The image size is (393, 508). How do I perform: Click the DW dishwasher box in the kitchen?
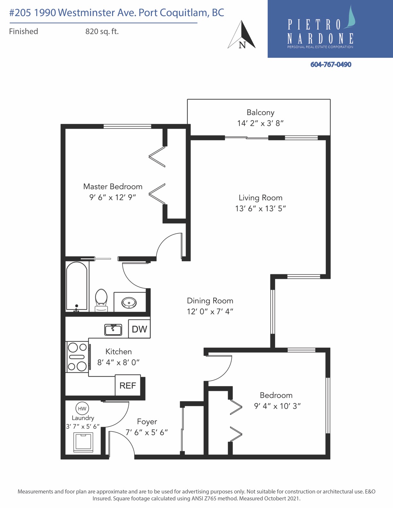(139, 329)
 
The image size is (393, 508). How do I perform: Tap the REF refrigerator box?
(128, 385)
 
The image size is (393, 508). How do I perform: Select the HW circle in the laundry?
(82, 409)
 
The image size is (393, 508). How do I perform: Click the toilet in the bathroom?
(101, 300)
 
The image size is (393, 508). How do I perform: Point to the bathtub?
(77, 286)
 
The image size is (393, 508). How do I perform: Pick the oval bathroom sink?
(129, 303)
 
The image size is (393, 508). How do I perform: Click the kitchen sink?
(113, 330)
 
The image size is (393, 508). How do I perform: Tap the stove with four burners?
(77, 357)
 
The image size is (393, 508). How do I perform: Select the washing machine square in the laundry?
(83, 442)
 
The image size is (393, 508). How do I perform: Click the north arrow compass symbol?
(241, 35)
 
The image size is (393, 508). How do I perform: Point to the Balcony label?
(260, 113)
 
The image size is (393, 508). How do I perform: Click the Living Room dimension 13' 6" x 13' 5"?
(260, 208)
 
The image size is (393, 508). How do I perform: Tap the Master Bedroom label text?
(113, 187)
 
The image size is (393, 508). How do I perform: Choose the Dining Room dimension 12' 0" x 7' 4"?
(210, 312)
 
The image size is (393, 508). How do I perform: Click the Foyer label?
(147, 422)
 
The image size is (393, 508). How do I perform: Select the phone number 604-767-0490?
(331, 64)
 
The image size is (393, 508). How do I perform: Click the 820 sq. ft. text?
(102, 31)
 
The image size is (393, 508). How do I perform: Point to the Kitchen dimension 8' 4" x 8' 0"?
(118, 363)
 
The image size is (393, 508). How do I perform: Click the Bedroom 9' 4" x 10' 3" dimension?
(277, 406)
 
